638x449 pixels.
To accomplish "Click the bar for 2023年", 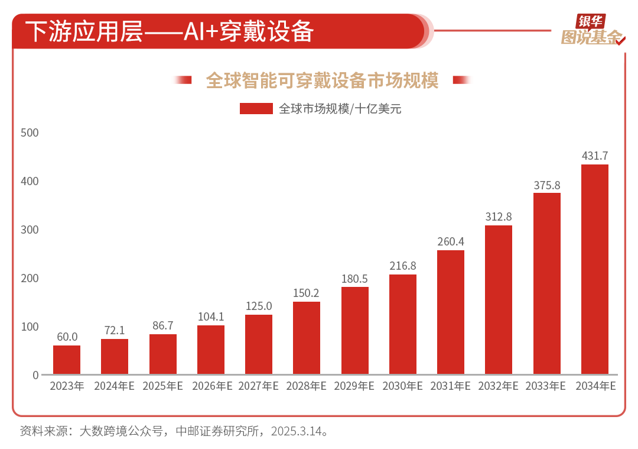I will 67,360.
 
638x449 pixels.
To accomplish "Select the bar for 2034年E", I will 595,269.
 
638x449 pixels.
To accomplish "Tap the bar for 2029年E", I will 355,330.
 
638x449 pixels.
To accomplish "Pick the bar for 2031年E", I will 451,312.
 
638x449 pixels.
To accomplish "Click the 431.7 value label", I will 595,156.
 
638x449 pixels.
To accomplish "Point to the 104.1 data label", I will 211,317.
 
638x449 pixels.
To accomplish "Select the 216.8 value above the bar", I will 403,266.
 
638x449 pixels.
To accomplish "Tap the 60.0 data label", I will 67,337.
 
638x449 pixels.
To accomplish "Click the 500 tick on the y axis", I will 30,133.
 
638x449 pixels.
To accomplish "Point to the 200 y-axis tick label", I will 30,278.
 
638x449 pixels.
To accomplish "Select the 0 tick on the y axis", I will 35,375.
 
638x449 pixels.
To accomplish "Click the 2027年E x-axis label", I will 259,387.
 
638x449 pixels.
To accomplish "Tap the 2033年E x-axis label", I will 547,387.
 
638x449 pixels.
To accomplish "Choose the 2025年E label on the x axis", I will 162,387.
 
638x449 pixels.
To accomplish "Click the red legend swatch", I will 256,109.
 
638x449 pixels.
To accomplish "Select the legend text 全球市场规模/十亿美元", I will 340,109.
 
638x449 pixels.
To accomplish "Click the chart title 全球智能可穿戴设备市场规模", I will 322,80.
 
